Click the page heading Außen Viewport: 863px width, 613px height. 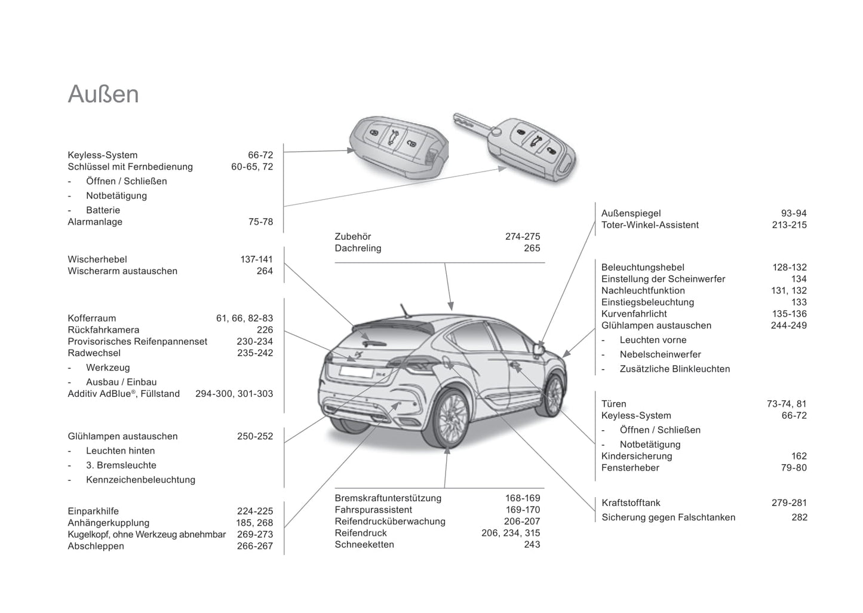(x=103, y=94)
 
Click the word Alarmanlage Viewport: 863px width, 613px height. (x=95, y=222)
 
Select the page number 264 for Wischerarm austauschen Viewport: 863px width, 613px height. (x=265, y=271)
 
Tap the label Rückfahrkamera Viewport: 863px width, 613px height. (x=103, y=330)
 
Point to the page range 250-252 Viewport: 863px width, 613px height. (x=254, y=436)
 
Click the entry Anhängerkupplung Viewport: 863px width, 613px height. (x=109, y=523)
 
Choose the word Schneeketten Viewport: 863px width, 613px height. (x=364, y=544)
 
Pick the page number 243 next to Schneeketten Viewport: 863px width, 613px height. (x=532, y=544)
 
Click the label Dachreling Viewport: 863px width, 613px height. (x=358, y=249)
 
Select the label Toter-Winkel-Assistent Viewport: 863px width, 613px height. (x=650, y=225)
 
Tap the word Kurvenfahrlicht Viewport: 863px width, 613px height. (x=634, y=314)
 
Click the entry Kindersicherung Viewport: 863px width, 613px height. (x=637, y=456)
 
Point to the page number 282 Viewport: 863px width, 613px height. (x=799, y=517)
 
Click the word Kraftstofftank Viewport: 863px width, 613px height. (x=631, y=503)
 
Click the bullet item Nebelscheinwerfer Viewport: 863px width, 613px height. (x=660, y=354)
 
